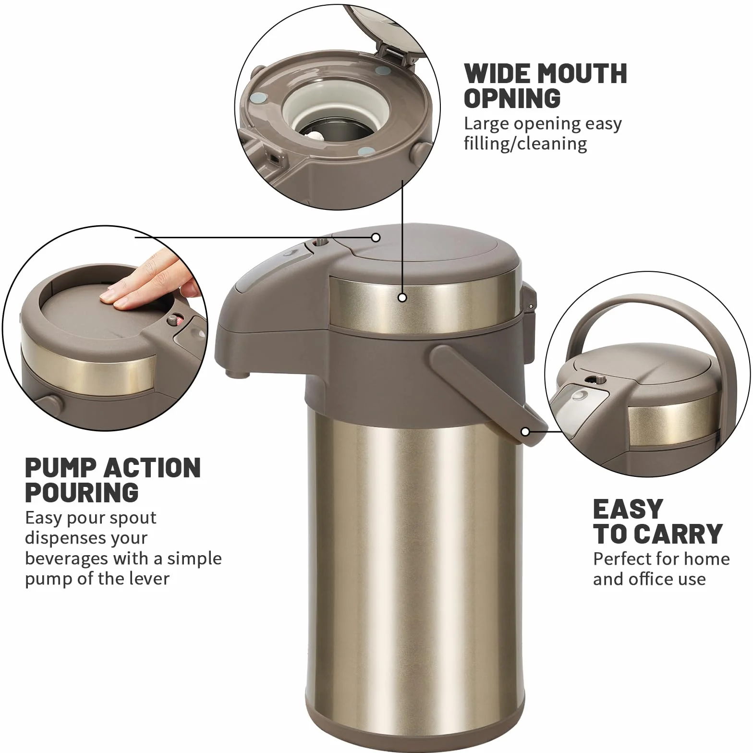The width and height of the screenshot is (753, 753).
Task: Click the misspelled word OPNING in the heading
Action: [512, 98]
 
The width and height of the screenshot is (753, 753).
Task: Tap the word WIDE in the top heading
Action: [498, 73]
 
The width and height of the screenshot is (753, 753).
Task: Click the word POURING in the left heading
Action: [82, 492]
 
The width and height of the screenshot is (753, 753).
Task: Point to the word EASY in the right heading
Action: [628, 509]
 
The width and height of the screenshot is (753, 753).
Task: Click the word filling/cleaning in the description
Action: [525, 144]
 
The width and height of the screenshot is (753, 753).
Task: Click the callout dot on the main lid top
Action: [376, 237]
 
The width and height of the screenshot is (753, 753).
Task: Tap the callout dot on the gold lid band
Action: [402, 298]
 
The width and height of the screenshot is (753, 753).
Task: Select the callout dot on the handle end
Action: [525, 432]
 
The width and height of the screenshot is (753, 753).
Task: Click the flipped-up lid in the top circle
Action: [384, 29]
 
